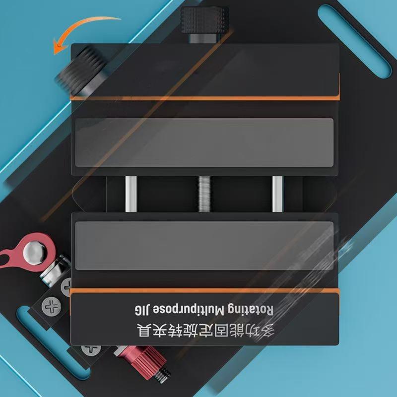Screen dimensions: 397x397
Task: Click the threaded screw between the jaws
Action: (204, 194)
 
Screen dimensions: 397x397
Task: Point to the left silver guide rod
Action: (131, 194)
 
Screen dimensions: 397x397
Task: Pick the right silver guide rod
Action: (277, 194)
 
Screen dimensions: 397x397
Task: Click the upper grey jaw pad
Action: (204, 142)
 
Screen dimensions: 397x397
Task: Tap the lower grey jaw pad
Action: (204, 246)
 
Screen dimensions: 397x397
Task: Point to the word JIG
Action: (142, 310)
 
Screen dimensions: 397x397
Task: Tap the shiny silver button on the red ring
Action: (35, 253)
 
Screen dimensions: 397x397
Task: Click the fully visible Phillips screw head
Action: (51, 307)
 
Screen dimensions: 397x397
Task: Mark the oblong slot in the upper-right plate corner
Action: (355, 41)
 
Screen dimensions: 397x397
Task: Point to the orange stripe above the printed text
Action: (204, 290)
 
